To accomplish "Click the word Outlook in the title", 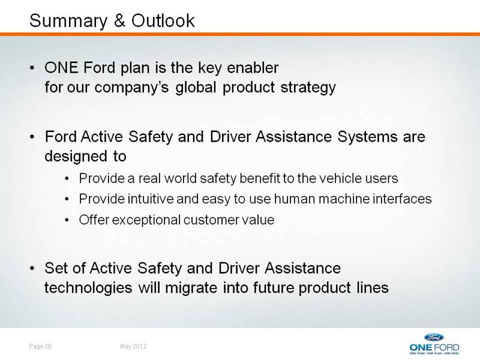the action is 163,21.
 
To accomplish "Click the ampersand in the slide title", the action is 119,21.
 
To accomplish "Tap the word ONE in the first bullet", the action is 61,68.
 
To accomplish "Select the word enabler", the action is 253,68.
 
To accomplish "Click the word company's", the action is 131,88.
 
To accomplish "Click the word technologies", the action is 88,289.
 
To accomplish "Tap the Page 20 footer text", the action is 40,346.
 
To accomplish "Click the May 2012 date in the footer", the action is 133,346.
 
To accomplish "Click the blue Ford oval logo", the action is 434,337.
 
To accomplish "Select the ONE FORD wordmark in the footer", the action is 434,347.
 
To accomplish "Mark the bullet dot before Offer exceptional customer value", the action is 67,220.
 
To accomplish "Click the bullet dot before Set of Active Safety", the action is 32,268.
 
